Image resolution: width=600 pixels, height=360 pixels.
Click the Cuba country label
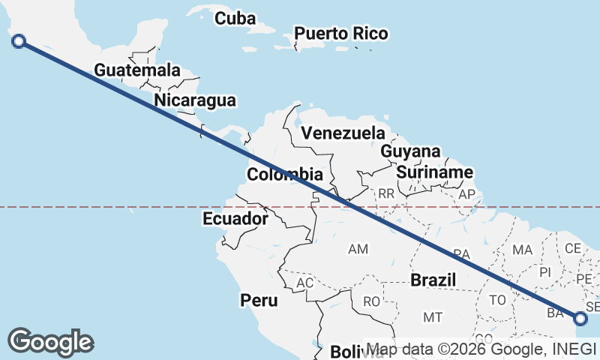235,19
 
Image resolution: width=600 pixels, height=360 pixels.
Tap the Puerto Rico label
341,34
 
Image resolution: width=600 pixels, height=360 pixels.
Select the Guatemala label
137,70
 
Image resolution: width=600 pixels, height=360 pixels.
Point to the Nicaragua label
194,100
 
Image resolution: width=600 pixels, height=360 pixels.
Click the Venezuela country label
343,133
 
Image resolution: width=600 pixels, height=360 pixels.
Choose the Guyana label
410,151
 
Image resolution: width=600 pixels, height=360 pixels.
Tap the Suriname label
435,172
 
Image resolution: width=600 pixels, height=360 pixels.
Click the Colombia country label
285,175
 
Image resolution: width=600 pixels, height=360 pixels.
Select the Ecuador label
235,219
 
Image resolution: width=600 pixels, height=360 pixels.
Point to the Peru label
259,301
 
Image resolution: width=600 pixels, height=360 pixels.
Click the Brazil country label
433,280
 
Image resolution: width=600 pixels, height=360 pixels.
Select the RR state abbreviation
386,193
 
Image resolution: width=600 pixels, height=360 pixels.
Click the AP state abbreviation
466,194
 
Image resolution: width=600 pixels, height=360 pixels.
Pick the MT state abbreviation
432,317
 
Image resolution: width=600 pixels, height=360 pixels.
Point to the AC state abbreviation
304,283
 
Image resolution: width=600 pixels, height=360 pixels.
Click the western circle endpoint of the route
19,41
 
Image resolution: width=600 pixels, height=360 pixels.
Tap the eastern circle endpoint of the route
581,319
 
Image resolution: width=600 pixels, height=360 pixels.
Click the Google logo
50,341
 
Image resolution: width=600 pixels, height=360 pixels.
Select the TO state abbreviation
497,300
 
